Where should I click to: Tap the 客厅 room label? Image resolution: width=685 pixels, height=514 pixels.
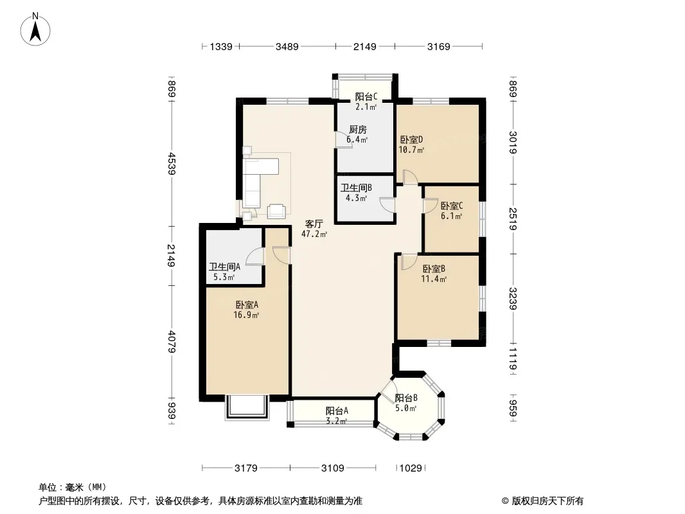coord(314,224)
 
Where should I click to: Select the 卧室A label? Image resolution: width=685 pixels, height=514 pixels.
coord(247,305)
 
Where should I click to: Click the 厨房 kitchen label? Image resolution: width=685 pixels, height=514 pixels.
coord(358,130)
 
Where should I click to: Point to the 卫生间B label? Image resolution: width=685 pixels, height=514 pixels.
coord(356,188)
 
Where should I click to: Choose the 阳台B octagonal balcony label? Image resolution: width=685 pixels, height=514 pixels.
coord(406,398)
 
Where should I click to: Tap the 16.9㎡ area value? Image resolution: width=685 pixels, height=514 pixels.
coord(246,315)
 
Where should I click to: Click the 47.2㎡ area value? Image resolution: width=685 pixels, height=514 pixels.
coord(314,234)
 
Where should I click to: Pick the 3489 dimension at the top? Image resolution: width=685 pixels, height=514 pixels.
coord(287,46)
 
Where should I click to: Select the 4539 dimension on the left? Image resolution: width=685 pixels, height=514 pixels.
coord(172,163)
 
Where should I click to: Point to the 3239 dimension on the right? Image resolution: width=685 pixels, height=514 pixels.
coord(513,299)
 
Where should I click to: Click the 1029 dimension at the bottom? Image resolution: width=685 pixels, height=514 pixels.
coord(411,468)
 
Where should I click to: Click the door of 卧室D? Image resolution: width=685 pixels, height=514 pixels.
coord(410,177)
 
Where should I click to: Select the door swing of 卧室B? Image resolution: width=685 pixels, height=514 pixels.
coord(408,261)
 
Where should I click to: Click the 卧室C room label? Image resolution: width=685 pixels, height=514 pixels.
coord(452,206)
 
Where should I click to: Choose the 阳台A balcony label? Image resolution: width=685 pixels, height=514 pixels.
coord(337,411)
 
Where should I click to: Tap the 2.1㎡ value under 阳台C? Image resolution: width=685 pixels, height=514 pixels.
coord(366,107)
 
